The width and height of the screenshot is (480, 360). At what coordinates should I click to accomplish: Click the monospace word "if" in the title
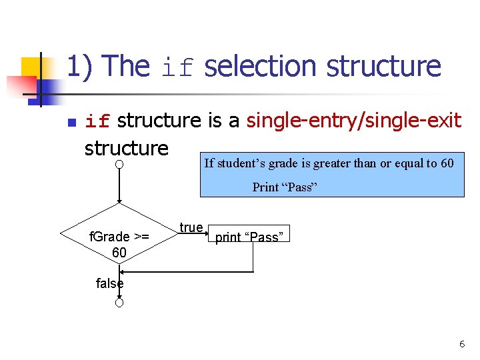(179, 67)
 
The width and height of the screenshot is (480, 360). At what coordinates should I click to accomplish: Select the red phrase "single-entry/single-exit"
(354, 120)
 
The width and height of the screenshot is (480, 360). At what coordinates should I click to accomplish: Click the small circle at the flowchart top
(118, 164)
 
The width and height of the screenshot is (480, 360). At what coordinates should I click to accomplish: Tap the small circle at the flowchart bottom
(118, 303)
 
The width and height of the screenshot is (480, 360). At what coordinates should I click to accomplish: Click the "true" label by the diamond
(191, 227)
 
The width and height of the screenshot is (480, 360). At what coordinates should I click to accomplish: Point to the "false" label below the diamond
(109, 283)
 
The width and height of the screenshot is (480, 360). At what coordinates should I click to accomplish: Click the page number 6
(461, 345)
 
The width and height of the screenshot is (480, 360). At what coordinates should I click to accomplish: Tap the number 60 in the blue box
(447, 163)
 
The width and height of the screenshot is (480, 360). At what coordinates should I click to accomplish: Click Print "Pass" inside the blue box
(283, 187)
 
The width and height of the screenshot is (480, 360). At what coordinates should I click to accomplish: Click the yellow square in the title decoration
(31, 69)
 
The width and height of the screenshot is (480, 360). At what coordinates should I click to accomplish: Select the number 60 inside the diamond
(119, 252)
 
